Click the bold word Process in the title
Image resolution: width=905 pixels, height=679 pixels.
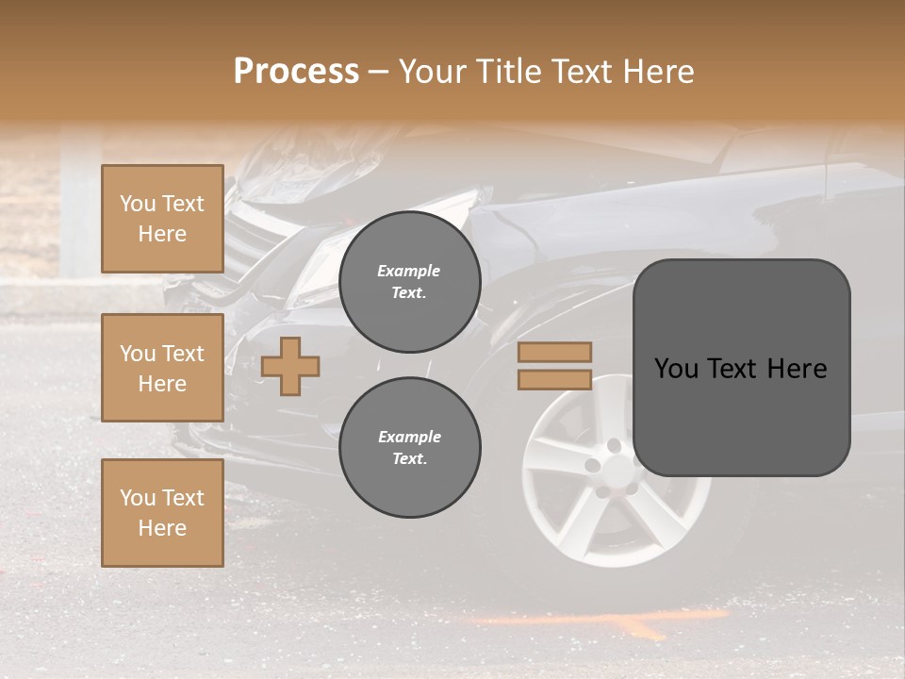[296, 71]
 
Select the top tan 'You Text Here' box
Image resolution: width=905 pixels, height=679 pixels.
[162, 219]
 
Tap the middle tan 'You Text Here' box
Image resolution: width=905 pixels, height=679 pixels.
[162, 368]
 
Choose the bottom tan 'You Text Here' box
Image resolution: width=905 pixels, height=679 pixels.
[162, 513]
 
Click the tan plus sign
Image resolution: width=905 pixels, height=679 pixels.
[290, 366]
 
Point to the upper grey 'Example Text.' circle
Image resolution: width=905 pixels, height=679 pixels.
[409, 282]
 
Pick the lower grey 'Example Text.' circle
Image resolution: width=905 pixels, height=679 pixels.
[409, 448]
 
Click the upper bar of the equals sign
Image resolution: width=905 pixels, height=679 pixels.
[554, 352]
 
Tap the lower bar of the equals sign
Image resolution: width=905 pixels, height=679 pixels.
[554, 380]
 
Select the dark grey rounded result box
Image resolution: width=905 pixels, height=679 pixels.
[741, 368]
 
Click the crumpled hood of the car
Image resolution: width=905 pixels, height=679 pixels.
[311, 179]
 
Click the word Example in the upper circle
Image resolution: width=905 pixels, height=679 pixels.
[409, 271]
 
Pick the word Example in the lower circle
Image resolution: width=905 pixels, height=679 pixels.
[409, 437]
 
